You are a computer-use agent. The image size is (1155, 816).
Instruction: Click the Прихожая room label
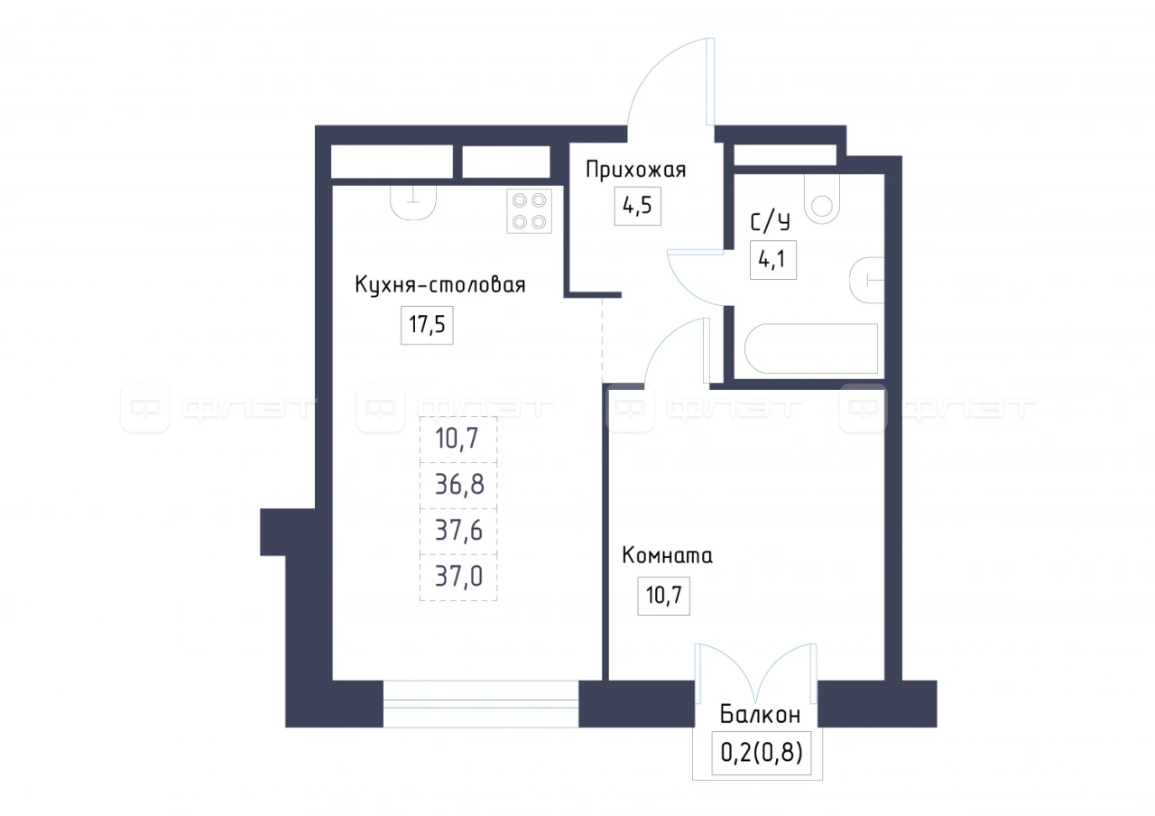pos(636,171)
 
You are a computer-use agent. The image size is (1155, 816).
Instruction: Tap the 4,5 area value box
pos(637,206)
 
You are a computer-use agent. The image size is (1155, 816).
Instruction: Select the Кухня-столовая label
pos(440,284)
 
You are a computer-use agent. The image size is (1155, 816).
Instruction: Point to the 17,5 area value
pos(427,325)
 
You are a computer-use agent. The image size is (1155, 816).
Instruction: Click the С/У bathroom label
pos(770,222)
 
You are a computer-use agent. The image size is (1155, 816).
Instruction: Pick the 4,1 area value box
pos(773,260)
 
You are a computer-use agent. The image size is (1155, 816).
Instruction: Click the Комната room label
pos(667,555)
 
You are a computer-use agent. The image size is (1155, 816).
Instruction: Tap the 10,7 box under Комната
pos(663,596)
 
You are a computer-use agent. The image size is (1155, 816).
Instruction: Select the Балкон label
pos(760,715)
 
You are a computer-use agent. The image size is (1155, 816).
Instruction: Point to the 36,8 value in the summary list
pos(459,485)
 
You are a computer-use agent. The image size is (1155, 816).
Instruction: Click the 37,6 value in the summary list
pos(459,531)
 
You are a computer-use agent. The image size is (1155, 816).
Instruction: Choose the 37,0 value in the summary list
pos(459,577)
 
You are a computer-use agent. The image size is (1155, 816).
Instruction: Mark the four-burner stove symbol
pos(529,211)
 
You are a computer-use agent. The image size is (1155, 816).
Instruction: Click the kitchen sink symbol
pos(413,202)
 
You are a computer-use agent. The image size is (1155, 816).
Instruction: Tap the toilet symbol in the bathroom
pos(822,199)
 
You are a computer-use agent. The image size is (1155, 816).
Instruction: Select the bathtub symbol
pos(811,348)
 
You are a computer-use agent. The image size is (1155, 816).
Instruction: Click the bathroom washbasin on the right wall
pos(867,280)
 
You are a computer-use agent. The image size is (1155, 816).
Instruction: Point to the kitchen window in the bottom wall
pos(481,703)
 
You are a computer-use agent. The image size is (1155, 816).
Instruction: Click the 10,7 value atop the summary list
pos(457,439)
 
